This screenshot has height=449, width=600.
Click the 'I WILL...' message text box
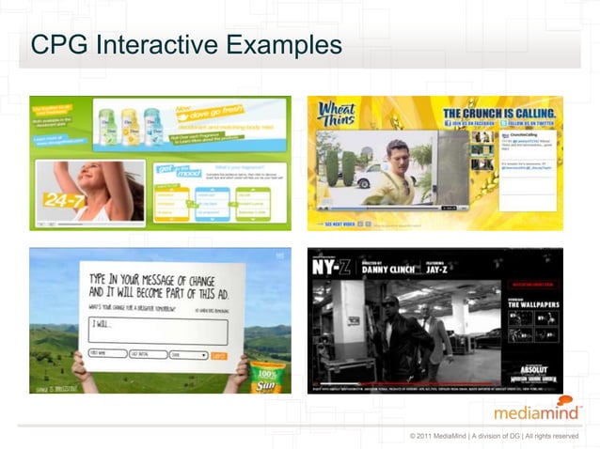pos(157,331)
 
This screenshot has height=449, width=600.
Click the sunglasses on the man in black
pos(389,303)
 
